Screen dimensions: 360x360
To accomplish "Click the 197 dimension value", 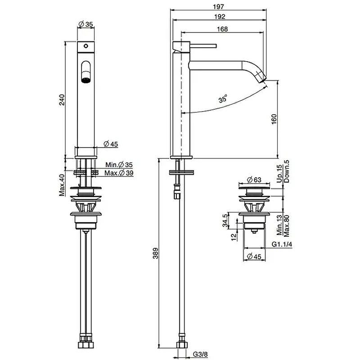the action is click(x=218, y=7).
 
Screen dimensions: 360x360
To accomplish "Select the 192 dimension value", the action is click(x=220, y=17).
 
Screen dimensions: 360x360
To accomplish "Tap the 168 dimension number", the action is click(x=222, y=29).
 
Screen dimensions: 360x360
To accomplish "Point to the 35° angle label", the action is click(x=222, y=99).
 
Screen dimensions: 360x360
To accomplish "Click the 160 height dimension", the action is click(x=274, y=119).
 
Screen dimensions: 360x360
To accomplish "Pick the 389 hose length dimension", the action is click(x=155, y=253).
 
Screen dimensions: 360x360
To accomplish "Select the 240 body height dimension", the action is click(x=62, y=99).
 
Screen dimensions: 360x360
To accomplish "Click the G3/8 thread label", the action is click(x=200, y=354).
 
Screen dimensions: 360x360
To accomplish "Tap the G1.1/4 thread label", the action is click(x=282, y=244).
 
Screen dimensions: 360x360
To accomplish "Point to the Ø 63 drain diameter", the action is click(x=254, y=180).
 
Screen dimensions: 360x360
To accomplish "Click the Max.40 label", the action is click(x=62, y=185).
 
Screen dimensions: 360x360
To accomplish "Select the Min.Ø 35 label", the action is click(x=119, y=165).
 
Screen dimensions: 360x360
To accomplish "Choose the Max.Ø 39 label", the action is click(x=119, y=173).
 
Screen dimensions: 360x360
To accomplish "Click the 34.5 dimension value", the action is click(x=225, y=220).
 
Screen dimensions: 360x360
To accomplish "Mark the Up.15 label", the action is click(x=279, y=174).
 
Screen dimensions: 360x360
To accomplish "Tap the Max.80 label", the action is click(x=287, y=226).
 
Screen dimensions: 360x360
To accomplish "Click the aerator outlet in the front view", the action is click(x=86, y=81).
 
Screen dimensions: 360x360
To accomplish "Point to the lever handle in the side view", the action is click(x=203, y=46).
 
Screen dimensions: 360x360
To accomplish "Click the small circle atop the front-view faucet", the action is click(x=85, y=46).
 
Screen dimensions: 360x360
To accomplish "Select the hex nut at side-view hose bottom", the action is click(x=182, y=345).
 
